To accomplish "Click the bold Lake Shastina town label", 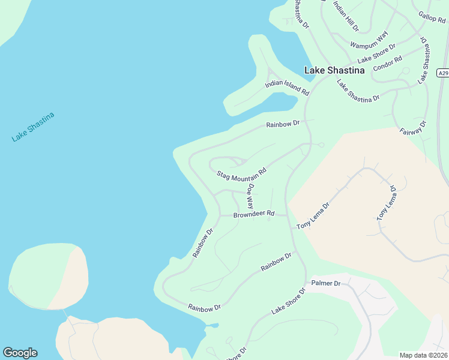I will click(334, 70).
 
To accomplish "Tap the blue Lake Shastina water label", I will click(33, 127).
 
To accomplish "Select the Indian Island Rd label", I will click(287, 88).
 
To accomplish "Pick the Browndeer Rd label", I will click(253, 214).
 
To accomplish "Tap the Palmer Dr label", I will click(326, 283).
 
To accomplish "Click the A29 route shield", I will click(442, 73).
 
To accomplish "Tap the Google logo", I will click(20, 353).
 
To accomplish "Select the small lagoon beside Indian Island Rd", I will click(273, 104).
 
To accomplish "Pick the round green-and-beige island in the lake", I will click(48, 277).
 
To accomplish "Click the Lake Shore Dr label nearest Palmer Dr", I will click(288, 301).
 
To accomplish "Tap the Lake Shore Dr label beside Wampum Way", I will click(377, 53).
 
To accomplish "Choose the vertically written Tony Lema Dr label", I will click(386, 205).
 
